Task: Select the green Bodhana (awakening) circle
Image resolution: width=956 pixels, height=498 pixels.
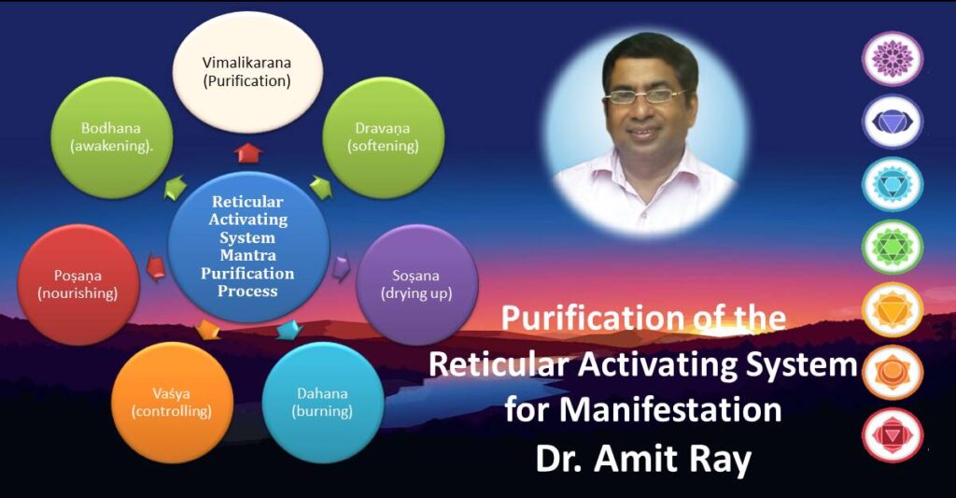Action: (112, 136)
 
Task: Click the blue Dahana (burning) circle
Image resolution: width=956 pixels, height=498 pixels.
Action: (324, 402)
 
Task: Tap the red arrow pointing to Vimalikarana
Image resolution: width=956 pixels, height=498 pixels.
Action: (249, 151)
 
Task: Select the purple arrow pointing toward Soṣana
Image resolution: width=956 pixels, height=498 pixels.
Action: (342, 268)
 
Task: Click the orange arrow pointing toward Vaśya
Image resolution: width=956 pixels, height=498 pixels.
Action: (208, 329)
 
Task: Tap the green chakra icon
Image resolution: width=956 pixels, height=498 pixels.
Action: (892, 247)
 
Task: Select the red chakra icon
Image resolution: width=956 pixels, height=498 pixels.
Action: (892, 435)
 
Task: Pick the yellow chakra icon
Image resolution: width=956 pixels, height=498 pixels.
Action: (892, 309)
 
